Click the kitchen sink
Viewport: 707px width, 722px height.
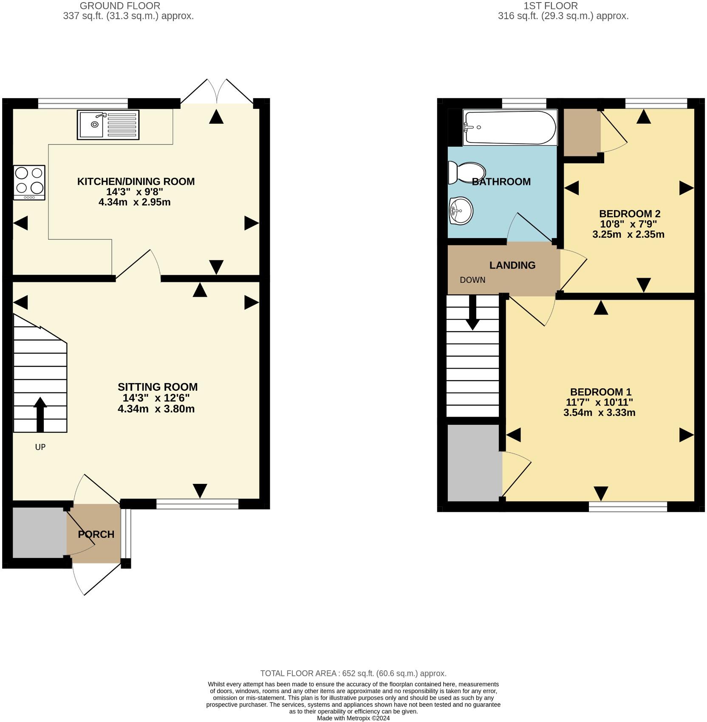click(x=108, y=125)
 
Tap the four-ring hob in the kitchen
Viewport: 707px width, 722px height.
click(x=29, y=182)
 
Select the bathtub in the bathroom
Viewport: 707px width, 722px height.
click(x=510, y=128)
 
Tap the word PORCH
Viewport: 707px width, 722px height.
click(x=96, y=534)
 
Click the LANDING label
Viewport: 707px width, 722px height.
click(x=512, y=265)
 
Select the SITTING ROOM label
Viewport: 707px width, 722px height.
click(x=158, y=387)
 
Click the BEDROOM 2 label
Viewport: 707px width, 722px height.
click(x=630, y=213)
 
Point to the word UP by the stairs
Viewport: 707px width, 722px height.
click(x=40, y=447)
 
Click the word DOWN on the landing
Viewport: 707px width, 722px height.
click(x=472, y=280)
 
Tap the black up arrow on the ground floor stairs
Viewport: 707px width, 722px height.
click(x=40, y=415)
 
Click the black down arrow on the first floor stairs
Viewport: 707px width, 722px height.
click(x=472, y=313)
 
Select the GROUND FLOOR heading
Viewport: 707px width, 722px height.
click(x=120, y=6)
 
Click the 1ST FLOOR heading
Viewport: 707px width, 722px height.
click(x=551, y=6)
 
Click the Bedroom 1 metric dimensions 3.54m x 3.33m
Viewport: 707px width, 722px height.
click(x=600, y=412)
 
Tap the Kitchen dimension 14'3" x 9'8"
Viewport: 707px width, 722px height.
click(x=135, y=192)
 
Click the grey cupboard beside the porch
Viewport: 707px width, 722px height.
click(x=40, y=532)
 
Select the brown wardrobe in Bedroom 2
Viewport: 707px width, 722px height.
click(x=582, y=132)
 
